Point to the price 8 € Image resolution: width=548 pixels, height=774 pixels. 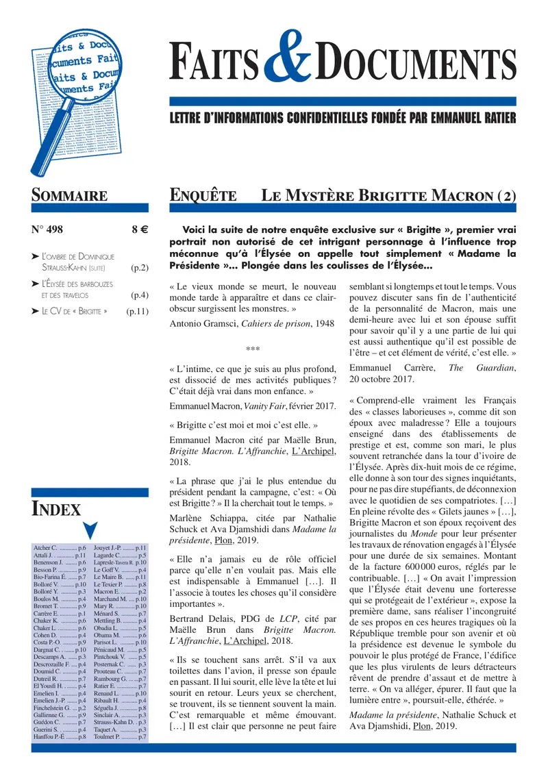[140, 230]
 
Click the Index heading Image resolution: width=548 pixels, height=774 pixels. [57, 509]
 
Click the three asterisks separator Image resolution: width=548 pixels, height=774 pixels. [252, 350]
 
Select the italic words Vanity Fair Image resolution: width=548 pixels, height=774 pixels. [275, 405]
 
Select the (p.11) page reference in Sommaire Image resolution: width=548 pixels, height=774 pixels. [137, 312]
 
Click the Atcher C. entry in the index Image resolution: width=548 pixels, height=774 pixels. [49, 549]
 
